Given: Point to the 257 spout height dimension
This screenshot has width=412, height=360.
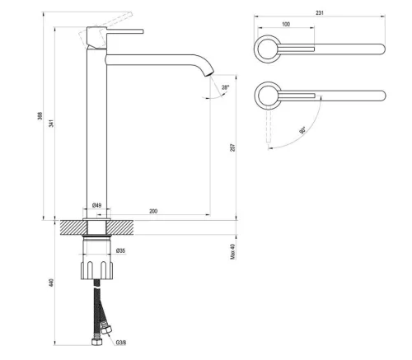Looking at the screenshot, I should tap(234, 147).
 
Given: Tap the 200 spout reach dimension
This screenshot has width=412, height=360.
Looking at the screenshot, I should tap(153, 211).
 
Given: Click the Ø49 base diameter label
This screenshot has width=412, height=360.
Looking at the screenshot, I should tap(96, 205).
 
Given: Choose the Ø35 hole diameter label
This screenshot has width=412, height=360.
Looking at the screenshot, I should tap(120, 250).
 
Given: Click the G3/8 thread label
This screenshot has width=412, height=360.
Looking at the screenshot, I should tap(120, 342).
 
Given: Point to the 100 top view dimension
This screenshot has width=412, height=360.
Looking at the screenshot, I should tap(285, 25).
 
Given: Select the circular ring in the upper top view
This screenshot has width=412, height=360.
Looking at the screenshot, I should tap(266, 47).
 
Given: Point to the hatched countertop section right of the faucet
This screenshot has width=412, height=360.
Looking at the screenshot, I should tap(165, 227).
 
